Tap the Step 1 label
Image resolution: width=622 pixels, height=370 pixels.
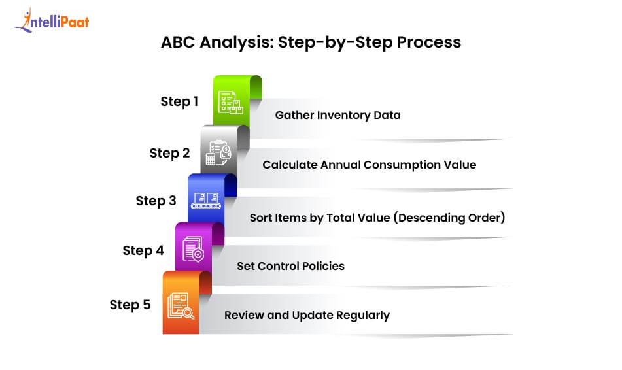pos(179,101)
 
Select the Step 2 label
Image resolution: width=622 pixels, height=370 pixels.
pos(169,153)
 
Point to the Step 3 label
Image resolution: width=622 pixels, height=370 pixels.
pos(156,201)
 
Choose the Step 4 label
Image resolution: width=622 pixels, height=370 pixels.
pos(143,250)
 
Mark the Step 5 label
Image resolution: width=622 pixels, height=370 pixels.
pos(130,305)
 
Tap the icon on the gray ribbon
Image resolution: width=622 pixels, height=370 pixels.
pos(218,154)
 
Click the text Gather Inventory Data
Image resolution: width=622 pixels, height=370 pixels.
pos(337,115)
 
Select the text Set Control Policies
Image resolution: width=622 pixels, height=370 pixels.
pos(290,266)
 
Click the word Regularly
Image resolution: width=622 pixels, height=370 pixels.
pos(362,315)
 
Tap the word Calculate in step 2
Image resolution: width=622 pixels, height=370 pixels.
pos(290,165)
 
